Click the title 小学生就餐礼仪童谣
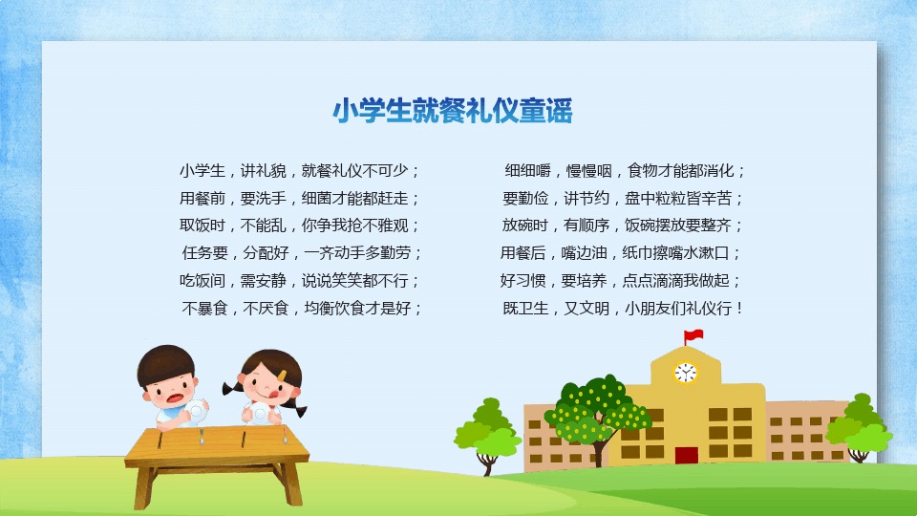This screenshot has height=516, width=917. (452, 111)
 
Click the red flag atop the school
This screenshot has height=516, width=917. (694, 335)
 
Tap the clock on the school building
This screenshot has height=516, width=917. (686, 373)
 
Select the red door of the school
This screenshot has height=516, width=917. (686, 455)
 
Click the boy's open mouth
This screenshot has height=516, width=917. (176, 398)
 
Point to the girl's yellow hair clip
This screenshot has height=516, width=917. (282, 375)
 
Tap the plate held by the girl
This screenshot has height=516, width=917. (259, 413)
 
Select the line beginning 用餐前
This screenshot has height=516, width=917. (299, 199)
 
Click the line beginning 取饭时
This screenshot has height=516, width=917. (299, 226)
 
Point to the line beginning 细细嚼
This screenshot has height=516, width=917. (625, 171)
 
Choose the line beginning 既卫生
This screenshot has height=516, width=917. (623, 309)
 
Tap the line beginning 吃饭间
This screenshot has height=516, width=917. (299, 281)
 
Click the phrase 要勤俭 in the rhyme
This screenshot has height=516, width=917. (525, 199)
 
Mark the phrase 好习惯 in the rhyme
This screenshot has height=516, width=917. (522, 281)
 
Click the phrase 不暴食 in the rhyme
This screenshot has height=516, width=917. (204, 309)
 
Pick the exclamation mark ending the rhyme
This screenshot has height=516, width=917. (740, 309)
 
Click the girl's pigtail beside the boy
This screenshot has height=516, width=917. (230, 387)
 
